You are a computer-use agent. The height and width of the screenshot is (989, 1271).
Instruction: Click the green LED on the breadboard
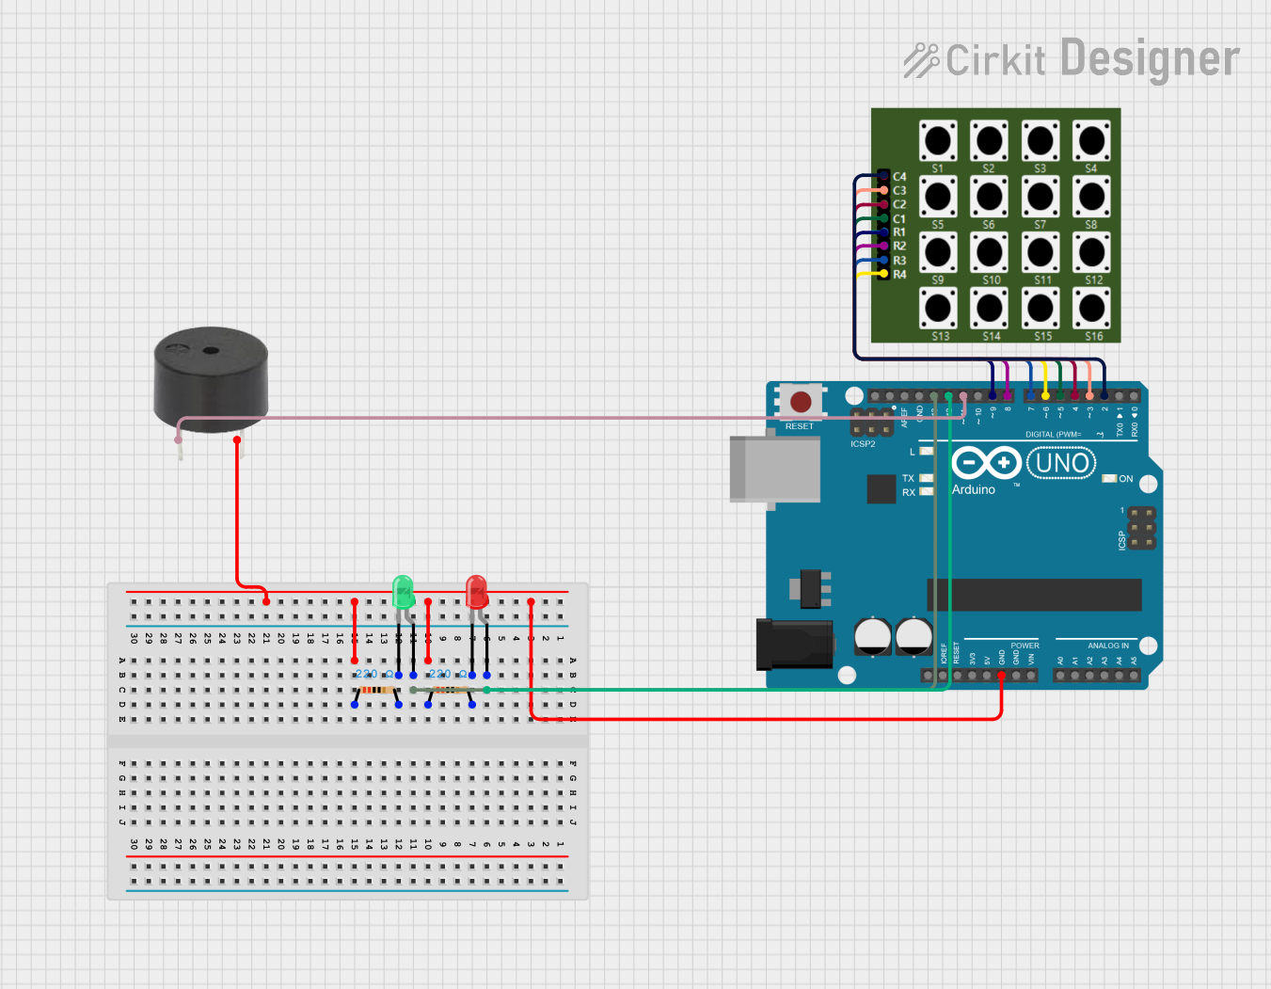403,592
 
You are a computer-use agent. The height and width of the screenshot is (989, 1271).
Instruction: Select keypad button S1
938,141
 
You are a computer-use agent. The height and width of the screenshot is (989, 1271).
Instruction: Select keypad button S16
1091,308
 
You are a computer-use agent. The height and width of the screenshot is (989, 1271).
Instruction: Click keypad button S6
989,197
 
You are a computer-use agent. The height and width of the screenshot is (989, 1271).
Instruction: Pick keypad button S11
1041,252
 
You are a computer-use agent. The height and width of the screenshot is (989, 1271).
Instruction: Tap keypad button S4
1091,141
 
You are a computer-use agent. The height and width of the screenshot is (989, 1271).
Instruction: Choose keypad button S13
938,308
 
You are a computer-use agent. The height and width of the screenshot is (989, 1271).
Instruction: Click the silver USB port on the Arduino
774,469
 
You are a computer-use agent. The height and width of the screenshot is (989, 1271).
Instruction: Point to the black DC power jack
795,645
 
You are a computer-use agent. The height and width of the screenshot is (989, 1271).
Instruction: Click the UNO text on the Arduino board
1062,463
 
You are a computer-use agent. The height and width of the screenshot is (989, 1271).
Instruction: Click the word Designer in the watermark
1150,59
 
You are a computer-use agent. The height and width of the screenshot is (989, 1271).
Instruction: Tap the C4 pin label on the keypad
899,176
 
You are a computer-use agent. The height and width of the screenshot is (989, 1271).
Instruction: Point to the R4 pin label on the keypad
899,275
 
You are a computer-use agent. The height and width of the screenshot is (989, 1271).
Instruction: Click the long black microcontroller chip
1034,595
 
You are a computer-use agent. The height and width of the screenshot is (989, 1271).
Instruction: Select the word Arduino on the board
974,489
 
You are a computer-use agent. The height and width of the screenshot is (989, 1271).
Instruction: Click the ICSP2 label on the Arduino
863,444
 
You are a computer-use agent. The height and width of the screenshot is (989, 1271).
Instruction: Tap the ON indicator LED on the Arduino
1109,479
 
